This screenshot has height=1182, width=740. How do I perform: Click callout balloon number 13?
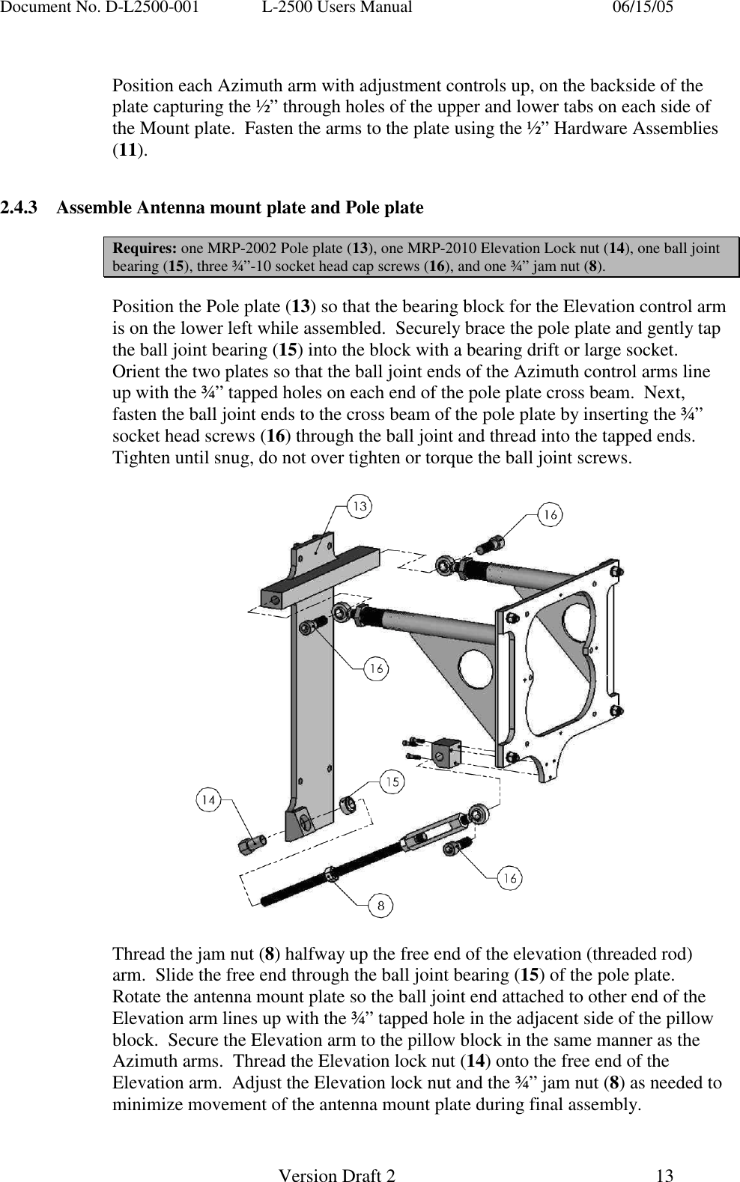click(x=360, y=507)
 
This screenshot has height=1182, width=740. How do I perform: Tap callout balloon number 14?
click(x=209, y=800)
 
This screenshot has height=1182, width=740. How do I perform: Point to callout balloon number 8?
click(x=380, y=906)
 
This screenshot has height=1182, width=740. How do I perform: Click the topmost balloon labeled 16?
click(x=551, y=515)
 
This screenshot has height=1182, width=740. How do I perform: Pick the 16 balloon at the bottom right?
click(x=510, y=878)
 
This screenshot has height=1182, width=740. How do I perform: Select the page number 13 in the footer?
click(x=664, y=1176)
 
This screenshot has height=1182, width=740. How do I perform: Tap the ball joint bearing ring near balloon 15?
click(x=348, y=805)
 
